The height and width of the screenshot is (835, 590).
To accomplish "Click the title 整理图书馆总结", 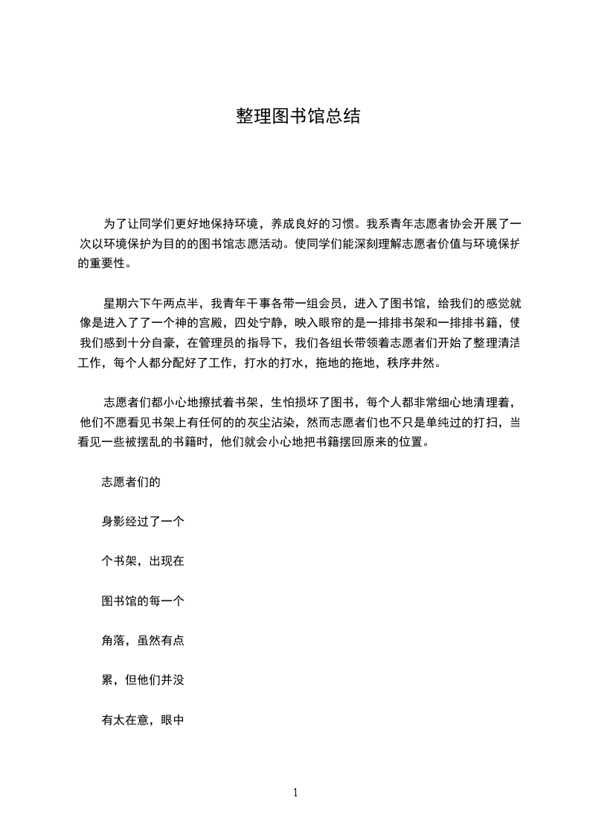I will [298, 116].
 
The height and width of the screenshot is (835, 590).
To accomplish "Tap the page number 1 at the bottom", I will [295, 793].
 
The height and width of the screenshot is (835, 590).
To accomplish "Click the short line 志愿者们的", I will [131, 482].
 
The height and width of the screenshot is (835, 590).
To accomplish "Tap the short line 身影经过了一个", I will [142, 522].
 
